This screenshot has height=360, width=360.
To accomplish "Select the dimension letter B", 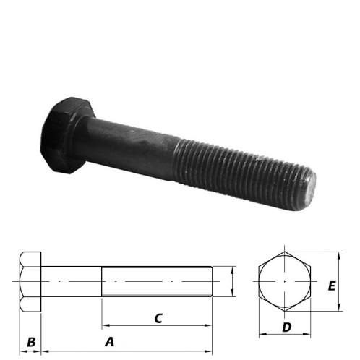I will point(31,341).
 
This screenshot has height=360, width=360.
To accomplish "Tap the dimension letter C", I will point(158,317).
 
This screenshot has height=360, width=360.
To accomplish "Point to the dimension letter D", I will point(286,327).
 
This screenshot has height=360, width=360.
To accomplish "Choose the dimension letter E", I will point(331,286).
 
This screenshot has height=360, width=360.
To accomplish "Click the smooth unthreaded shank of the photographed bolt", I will point(134,145).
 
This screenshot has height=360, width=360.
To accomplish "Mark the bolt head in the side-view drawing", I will point(31,281).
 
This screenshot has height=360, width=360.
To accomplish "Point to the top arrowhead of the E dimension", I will point(339,255).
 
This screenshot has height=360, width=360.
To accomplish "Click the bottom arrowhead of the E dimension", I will point(339,309).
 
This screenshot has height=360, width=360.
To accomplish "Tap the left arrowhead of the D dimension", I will point(262,335).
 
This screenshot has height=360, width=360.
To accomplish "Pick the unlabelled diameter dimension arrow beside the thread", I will point(231,281).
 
